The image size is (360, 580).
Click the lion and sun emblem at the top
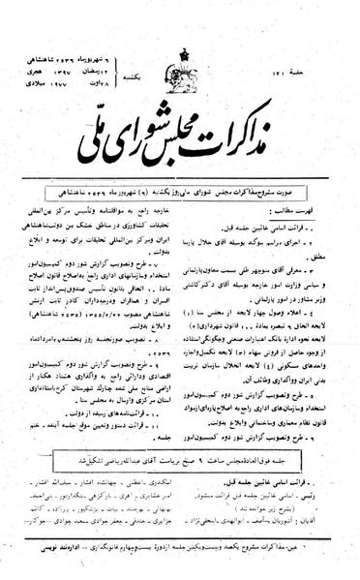pyautogui.click(x=180, y=29)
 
